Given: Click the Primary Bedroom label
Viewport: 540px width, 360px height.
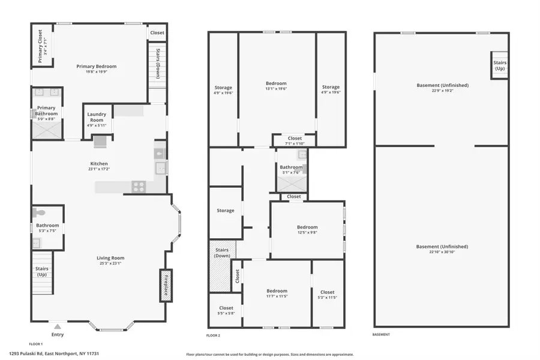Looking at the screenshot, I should coord(96,66).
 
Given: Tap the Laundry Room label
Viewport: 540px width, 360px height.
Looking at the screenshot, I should coord(97,117).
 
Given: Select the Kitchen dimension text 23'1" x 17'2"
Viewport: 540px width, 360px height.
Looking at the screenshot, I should coord(99,169).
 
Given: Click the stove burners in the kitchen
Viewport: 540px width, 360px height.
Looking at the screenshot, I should coord(139,187).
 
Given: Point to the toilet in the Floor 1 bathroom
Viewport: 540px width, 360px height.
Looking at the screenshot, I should coord(41,213).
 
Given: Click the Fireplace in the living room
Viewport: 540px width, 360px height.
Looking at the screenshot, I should coord(165,285).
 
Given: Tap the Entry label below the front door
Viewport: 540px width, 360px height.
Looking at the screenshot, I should coord(58,334).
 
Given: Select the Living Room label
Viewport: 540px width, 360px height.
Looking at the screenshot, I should coord(110,258).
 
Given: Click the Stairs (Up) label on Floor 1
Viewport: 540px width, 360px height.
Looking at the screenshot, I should coord(41,272).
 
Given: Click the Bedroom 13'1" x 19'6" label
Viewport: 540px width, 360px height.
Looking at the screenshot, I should coord(276,83).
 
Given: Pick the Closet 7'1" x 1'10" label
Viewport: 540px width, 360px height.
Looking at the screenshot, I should coord(295,139).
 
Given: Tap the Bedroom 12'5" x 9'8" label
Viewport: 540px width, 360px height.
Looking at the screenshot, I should coord(307,227).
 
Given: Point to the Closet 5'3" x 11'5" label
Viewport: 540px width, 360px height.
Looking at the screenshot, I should coord(328,292).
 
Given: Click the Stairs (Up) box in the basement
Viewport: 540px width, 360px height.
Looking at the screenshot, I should coord(499,65).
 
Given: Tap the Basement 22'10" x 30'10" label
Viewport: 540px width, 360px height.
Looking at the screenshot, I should coord(441,247).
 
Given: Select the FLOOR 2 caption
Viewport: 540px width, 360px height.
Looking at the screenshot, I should coord(213,335).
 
